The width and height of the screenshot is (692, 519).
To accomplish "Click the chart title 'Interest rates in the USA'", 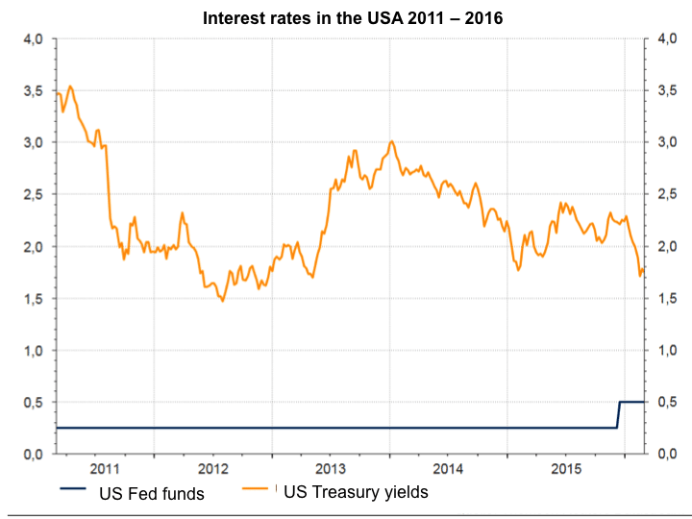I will pyautogui.click(x=352, y=17).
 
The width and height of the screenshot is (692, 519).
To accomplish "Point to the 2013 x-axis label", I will pyautogui.click(x=331, y=469).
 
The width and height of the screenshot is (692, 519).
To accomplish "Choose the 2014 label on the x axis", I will pyautogui.click(x=449, y=469).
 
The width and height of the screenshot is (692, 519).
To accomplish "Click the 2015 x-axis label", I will pyautogui.click(x=567, y=469).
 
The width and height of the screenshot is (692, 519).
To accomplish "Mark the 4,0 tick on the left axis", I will pyautogui.click(x=34, y=38).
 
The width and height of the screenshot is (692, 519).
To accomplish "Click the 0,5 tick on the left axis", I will pyautogui.click(x=34, y=402).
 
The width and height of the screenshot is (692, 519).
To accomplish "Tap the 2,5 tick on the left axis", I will pyautogui.click(x=34, y=194).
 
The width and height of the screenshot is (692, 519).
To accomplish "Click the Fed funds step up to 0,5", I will pyautogui.click(x=619, y=414).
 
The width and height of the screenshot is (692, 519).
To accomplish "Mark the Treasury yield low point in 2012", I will pyautogui.click(x=223, y=302).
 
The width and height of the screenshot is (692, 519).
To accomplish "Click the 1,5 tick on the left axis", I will pyautogui.click(x=34, y=298).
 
